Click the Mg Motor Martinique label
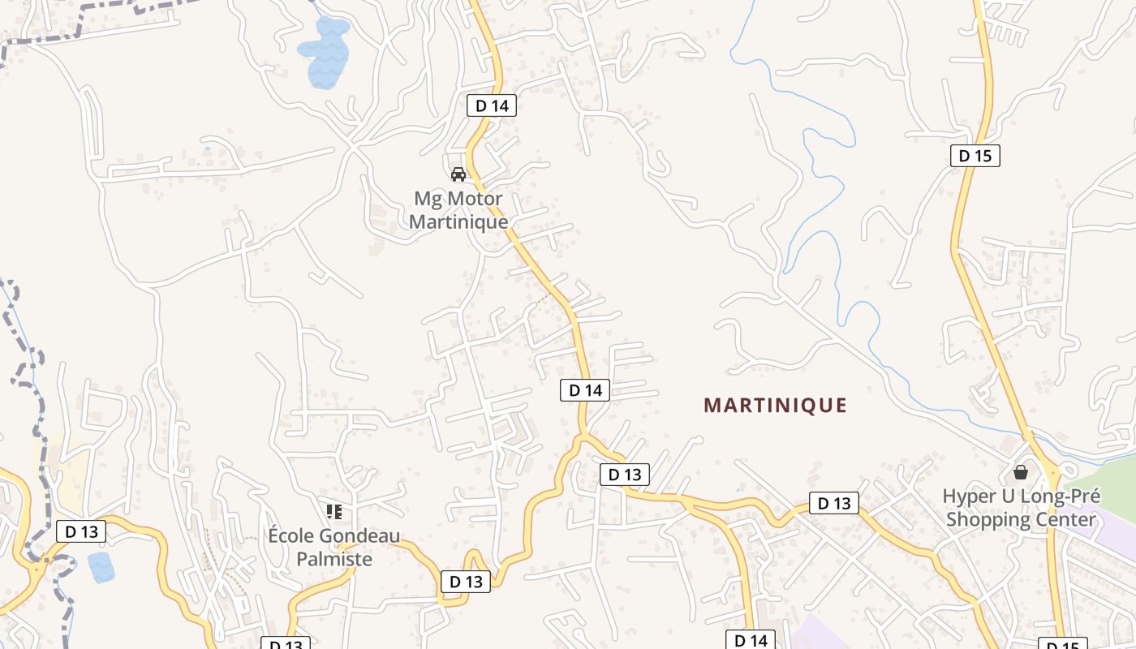click(x=458, y=210)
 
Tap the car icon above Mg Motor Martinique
click(x=458, y=174)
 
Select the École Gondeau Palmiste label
click(x=333, y=548)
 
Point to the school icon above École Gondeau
click(x=333, y=512)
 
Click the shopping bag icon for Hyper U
click(x=1021, y=471)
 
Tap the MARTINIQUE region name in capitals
click(x=775, y=406)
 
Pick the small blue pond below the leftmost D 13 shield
click(x=101, y=567)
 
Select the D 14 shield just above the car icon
click(x=492, y=105)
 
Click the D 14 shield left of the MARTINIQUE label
click(x=585, y=390)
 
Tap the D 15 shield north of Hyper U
click(x=975, y=156)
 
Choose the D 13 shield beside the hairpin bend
click(x=466, y=582)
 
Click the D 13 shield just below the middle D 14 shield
click(x=625, y=475)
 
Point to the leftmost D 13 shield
click(x=81, y=532)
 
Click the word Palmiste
click(x=333, y=559)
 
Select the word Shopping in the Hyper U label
click(x=985, y=519)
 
